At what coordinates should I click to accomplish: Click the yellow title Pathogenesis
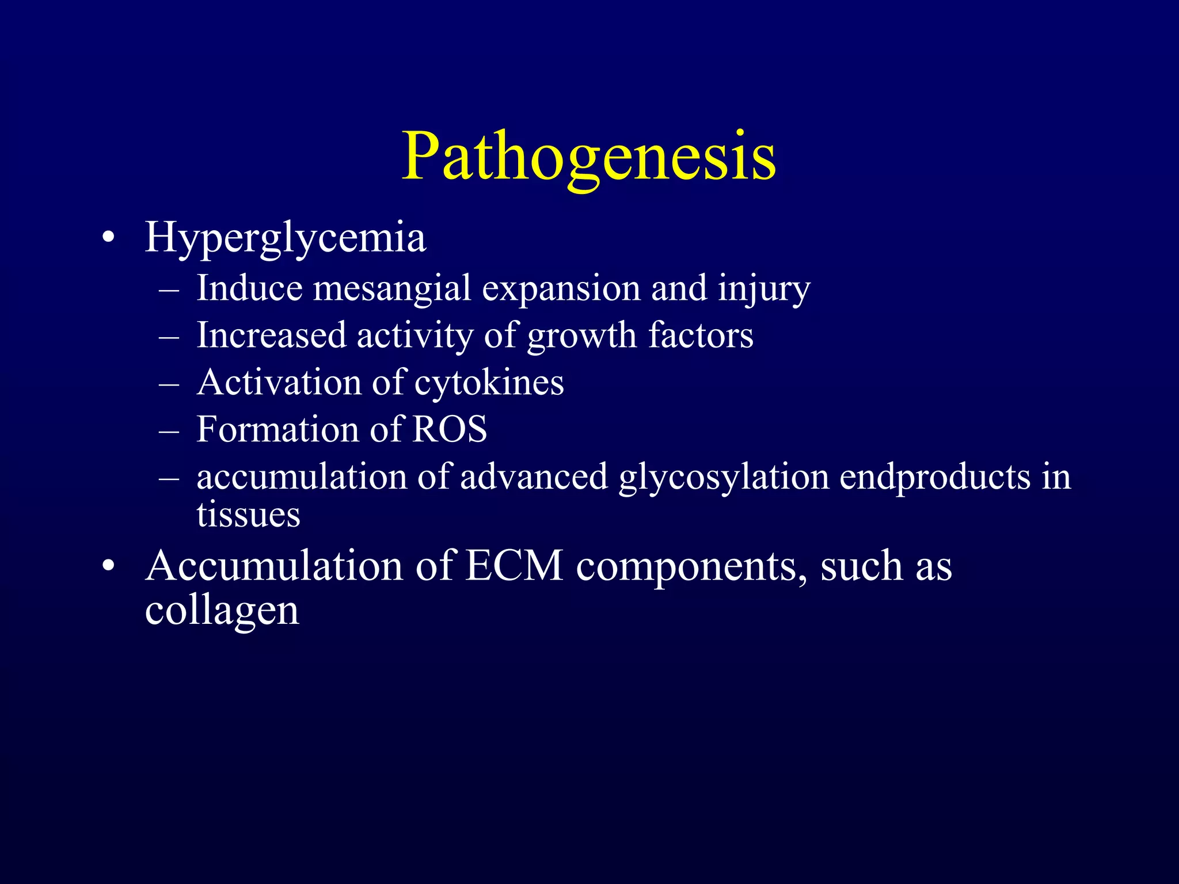coord(588,157)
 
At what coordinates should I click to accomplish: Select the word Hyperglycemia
coord(285,237)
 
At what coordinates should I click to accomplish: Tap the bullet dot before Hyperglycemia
coord(108,238)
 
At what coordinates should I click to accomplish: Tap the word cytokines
coord(489,383)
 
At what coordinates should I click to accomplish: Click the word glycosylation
coord(724,477)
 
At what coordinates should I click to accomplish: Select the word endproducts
coord(935,477)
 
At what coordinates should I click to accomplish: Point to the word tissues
coord(248,514)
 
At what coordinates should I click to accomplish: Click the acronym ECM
coord(514,566)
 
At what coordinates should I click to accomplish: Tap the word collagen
coord(222,611)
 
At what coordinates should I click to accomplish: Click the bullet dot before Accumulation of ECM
coord(108,567)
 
